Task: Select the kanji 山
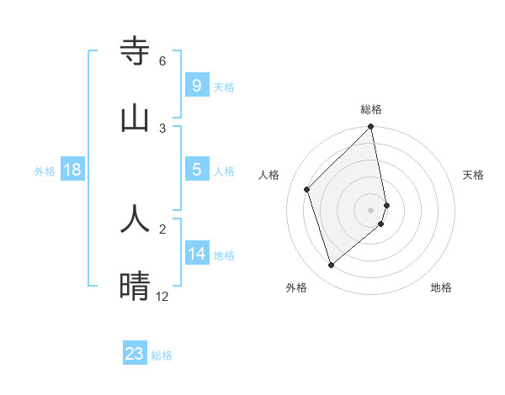pos(135,118)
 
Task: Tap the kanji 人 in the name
pos(135,219)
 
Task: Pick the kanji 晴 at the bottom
pos(135,286)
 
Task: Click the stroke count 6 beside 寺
pos(162,61)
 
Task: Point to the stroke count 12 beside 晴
pos(162,296)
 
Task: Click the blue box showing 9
pos(196,86)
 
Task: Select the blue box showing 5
pos(196,170)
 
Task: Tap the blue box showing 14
pos(196,254)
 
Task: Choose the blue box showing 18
pos(72,170)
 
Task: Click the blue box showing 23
pos(135,354)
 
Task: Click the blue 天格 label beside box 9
pos(224,87)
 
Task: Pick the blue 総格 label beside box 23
pos(162,355)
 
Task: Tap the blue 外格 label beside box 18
pos(45,171)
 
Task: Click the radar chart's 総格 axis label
pos(371,109)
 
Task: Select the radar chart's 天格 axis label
pos(474,175)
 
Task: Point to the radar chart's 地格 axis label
pos(441,287)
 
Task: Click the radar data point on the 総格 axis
pos(371,128)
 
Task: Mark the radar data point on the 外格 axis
pos(331,266)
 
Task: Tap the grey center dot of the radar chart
pos(371,209)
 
